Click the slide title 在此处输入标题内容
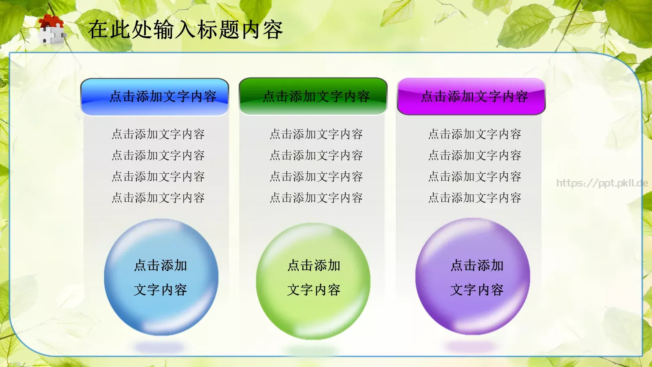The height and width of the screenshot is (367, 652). tap(185, 30)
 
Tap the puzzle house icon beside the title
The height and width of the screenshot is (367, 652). tap(52, 29)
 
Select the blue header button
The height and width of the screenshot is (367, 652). tap(155, 97)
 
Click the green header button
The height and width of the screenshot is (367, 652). tap(313, 96)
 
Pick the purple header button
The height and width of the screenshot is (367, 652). tap(471, 96)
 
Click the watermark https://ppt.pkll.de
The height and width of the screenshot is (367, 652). tap(602, 183)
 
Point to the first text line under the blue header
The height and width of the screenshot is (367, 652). tap(158, 134)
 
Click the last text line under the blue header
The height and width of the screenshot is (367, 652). tap(158, 198)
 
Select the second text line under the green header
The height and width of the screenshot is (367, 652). tap(316, 155)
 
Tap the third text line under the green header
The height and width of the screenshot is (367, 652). tap(316, 177)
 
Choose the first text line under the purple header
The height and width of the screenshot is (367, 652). tap(475, 134)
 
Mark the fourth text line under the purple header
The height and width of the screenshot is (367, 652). tap(475, 198)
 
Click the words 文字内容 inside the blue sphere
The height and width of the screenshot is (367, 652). tap(160, 290)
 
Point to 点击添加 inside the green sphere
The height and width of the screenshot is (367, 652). tap(314, 265)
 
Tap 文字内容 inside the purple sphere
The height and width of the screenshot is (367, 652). tap(477, 290)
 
